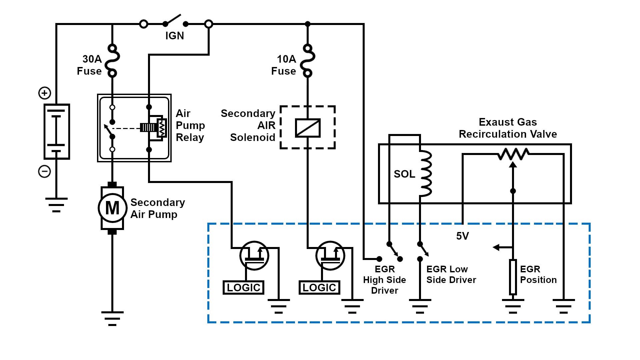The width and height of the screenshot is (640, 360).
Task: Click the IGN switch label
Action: point(174,36)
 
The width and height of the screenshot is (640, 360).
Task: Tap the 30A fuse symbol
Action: point(112,60)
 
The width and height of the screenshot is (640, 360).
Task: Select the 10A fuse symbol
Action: point(307,60)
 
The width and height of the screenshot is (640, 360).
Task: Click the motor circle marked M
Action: point(112,208)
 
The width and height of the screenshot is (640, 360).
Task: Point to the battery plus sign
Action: point(45,93)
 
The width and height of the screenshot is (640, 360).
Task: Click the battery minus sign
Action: point(45,172)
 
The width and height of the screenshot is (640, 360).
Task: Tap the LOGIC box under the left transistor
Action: point(243,287)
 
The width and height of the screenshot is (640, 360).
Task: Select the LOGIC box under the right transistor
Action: point(319,287)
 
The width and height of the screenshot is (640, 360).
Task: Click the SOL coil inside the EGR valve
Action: point(425,173)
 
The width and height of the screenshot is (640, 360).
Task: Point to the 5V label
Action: point(462,236)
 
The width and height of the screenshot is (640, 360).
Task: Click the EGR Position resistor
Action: point(513,277)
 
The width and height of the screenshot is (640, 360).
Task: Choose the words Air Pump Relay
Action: point(190,125)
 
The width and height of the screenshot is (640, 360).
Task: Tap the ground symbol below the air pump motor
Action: point(112,318)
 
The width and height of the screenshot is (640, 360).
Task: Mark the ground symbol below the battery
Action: point(56,205)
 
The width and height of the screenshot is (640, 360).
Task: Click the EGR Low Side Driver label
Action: point(451,274)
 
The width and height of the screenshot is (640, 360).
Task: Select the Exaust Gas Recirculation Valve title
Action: point(508,128)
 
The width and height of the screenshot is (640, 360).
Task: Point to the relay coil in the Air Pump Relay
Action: point(162,128)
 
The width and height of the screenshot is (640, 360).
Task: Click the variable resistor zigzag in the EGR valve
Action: point(513,154)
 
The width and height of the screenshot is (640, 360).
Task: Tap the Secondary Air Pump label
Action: point(157,208)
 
